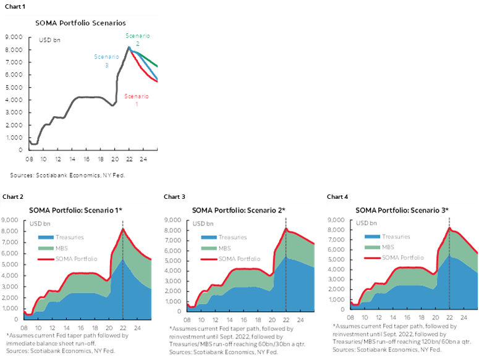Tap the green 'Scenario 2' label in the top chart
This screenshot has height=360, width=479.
(137, 40)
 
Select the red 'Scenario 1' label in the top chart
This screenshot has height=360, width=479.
(137, 101)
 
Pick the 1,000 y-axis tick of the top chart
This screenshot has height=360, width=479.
(16, 138)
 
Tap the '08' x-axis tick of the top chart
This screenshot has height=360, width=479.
(30, 159)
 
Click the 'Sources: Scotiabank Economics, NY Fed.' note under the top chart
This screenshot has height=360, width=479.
(67, 175)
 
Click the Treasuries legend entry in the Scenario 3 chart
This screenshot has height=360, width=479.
(396, 237)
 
